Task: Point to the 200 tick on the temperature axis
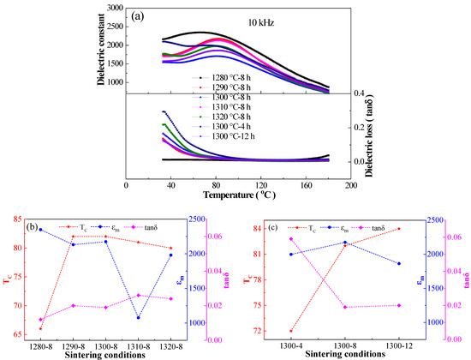click(350, 185)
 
